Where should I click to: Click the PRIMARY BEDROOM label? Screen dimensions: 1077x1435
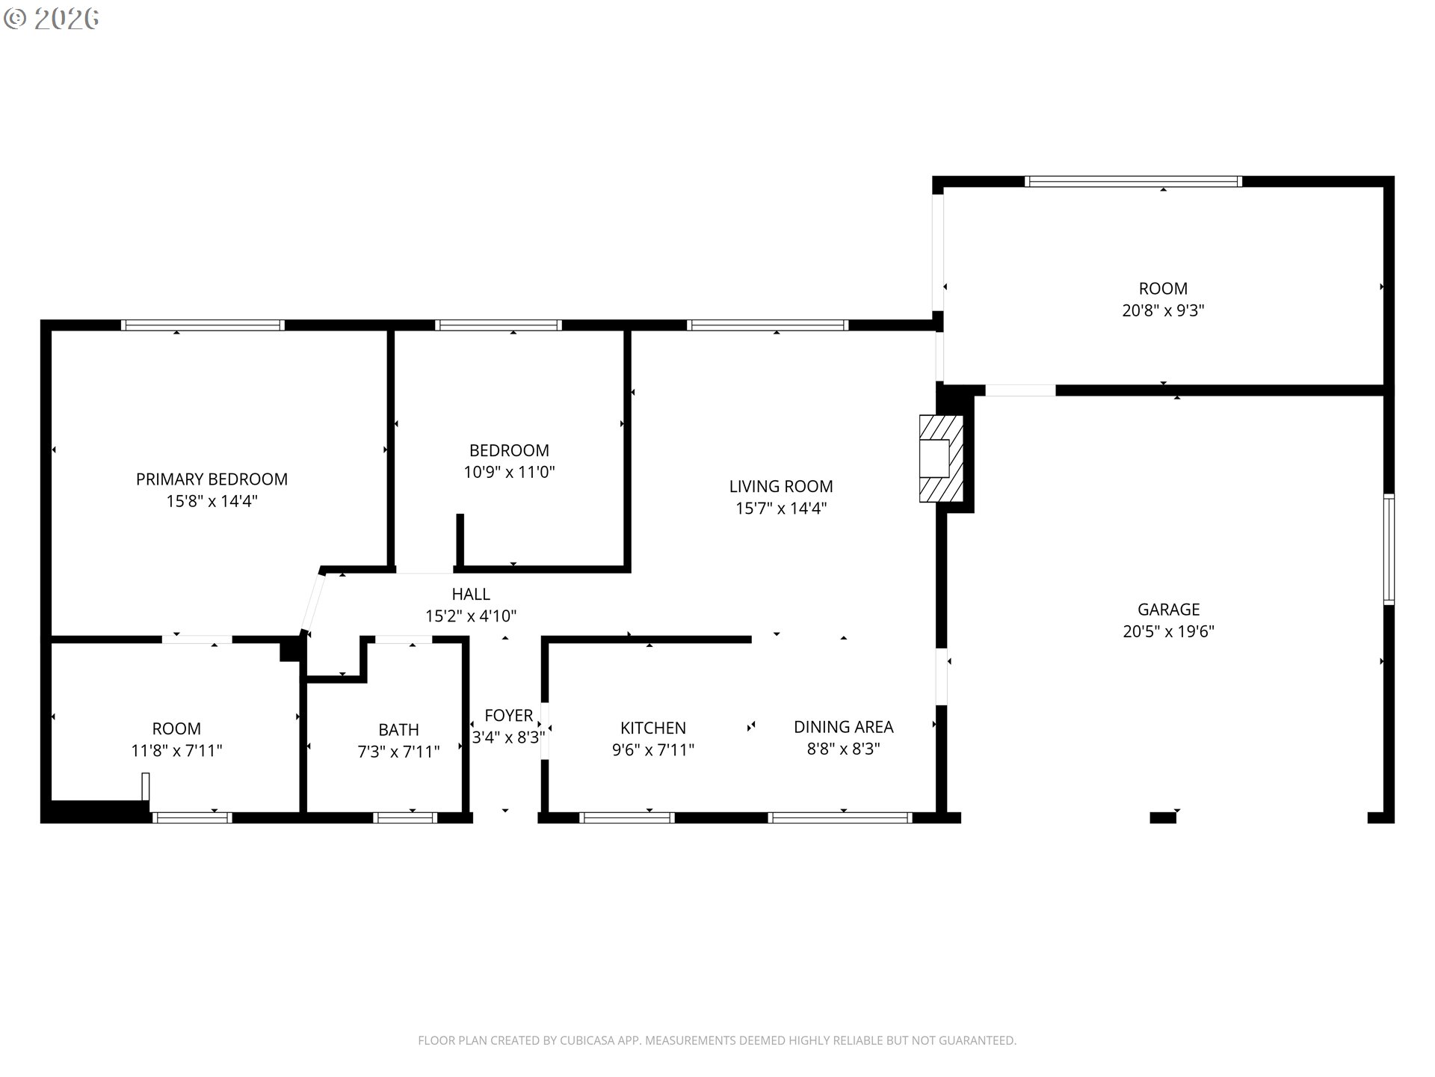[212, 479]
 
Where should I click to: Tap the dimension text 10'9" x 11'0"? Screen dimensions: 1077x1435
[509, 472]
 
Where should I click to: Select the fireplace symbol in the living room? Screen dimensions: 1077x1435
[940, 458]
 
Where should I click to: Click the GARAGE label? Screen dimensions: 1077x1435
[1168, 610]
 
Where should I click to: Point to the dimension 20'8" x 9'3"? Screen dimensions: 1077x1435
[1163, 310]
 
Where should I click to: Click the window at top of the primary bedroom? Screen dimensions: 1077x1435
[203, 325]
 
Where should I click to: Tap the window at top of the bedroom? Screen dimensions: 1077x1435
[499, 325]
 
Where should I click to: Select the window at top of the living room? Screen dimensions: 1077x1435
[768, 325]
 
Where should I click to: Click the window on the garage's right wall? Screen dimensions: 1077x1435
[1389, 550]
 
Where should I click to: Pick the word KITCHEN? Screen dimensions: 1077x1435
[652, 728]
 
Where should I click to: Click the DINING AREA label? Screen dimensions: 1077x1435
[843, 727]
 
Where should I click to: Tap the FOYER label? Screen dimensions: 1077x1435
[508, 716]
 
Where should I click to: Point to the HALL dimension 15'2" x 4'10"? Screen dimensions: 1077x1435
[471, 616]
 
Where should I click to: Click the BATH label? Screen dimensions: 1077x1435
[398, 729]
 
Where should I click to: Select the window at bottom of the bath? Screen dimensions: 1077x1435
[405, 817]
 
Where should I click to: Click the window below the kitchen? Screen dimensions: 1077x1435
[626, 817]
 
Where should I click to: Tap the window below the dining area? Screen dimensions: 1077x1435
[840, 817]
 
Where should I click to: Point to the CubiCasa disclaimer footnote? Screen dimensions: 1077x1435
[717, 1040]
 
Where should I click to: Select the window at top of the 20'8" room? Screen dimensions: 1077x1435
[1133, 181]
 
